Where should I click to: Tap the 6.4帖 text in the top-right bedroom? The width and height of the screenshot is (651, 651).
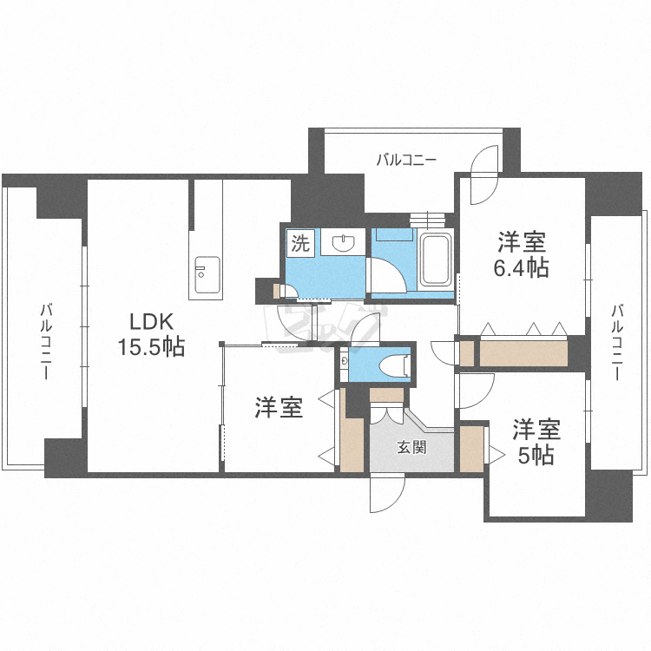pyautogui.click(x=522, y=268)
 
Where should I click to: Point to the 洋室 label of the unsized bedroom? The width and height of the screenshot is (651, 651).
pyautogui.click(x=279, y=408)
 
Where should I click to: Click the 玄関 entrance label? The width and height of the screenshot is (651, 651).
pyautogui.click(x=411, y=448)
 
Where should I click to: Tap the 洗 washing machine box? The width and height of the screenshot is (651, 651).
pyautogui.click(x=300, y=243)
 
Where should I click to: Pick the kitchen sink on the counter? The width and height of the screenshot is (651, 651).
pyautogui.click(x=207, y=276)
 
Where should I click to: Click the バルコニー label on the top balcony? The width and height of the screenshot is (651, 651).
pyautogui.click(x=406, y=160)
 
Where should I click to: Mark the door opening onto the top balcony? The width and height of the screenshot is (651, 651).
pyautogui.click(x=480, y=169)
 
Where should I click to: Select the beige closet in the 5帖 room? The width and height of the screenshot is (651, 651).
pyautogui.click(x=472, y=448)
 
